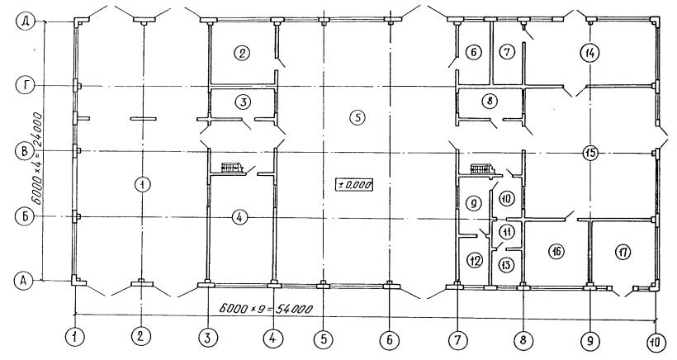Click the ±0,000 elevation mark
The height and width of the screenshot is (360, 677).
[x=354, y=185]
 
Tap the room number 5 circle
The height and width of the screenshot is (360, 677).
[x=357, y=117]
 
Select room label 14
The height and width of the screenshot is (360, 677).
[x=589, y=53]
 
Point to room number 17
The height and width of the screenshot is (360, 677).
[x=623, y=252]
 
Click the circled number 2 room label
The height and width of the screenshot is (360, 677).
[x=242, y=53]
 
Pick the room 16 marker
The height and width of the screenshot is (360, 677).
[x=556, y=251]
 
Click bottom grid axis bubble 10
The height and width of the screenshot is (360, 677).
[x=656, y=343]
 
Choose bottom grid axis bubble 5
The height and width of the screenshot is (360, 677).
[x=324, y=340]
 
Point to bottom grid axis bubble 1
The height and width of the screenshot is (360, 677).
[x=75, y=336]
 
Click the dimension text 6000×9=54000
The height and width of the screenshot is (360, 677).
[x=266, y=309]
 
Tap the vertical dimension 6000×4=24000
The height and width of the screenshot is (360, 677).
[x=37, y=159]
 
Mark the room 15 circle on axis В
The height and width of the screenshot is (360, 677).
[x=589, y=153]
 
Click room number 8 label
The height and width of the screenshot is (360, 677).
[x=490, y=102]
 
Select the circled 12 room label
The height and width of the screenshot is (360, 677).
[x=475, y=260]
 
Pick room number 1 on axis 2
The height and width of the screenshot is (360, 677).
[x=142, y=185]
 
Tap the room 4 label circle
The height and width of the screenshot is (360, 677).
[x=239, y=217]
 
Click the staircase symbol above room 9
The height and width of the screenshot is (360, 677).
[x=483, y=168]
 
